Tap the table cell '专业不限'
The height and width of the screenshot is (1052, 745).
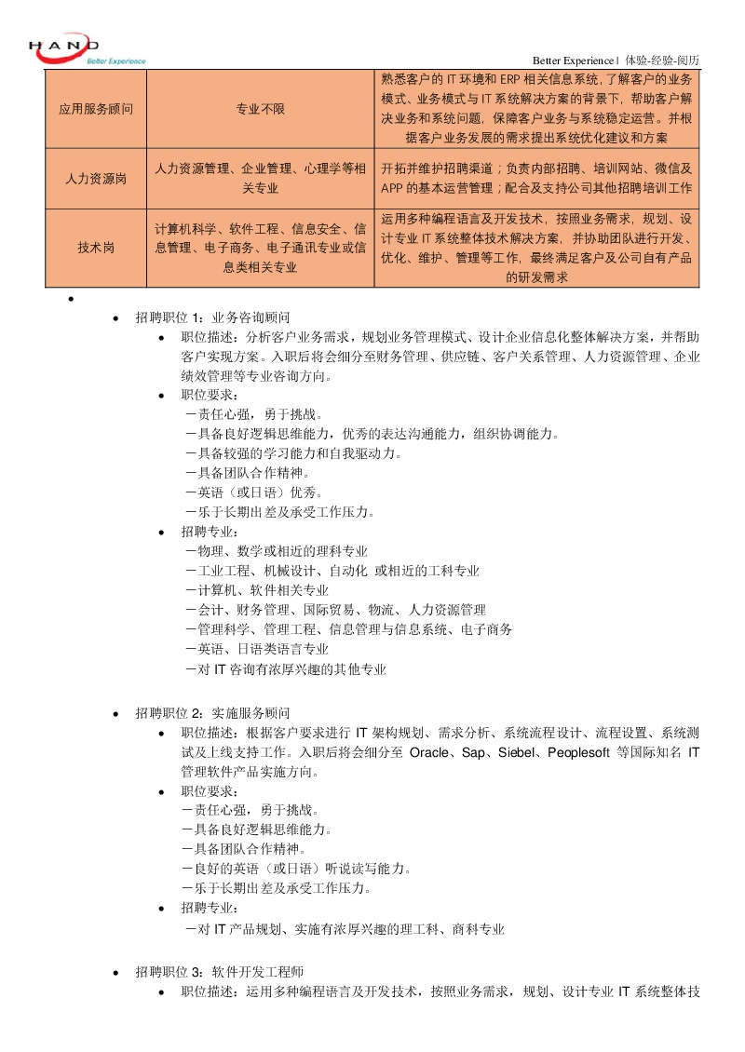click(x=261, y=109)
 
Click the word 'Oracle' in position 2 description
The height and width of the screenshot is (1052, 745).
click(x=429, y=752)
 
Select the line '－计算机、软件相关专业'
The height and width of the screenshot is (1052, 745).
click(x=257, y=590)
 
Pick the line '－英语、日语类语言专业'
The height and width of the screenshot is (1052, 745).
click(x=257, y=649)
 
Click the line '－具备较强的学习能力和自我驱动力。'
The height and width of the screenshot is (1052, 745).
click(x=293, y=453)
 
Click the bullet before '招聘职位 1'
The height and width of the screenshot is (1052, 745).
click(x=115, y=317)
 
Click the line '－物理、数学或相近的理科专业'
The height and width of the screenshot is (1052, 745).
click(x=277, y=551)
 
